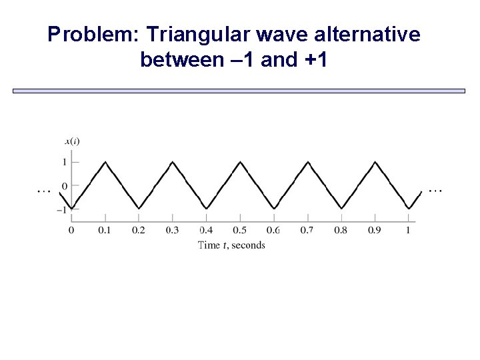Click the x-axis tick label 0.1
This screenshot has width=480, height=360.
(105, 230)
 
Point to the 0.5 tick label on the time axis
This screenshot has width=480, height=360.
(239, 230)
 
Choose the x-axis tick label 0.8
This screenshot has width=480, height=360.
(341, 230)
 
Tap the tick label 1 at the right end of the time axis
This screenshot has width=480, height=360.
(408, 230)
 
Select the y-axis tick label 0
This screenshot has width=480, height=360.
(65, 186)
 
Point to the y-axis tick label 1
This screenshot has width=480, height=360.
(65, 162)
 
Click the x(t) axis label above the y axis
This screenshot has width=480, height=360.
(72, 141)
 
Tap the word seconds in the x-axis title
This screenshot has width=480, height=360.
(248, 245)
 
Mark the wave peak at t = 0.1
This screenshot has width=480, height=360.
(105, 161)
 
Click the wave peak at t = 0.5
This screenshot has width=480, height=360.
(240, 161)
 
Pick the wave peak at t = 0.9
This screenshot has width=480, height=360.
(375, 161)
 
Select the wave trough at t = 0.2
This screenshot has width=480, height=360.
(139, 209)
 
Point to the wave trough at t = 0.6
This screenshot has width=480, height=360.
(273, 209)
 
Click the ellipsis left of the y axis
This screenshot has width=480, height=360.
(43, 191)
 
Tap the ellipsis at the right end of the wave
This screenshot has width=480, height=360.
(435, 191)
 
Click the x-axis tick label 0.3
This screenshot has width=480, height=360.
(172, 230)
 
